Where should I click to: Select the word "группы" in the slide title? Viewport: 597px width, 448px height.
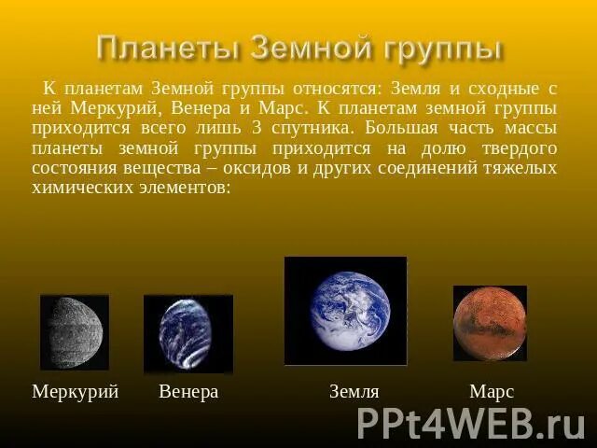coord(437,49)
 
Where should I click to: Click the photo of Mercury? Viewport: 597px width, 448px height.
coord(75,332)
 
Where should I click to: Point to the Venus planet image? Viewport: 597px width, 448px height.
coord(187,333)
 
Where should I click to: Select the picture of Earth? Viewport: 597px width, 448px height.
coord(345,311)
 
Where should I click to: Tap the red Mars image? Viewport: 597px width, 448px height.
coord(490,323)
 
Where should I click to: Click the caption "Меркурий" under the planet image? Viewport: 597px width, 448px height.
coord(76,392)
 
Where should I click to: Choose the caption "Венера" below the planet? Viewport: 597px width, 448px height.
coord(188,392)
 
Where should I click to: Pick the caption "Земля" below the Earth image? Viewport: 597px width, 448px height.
coord(354,392)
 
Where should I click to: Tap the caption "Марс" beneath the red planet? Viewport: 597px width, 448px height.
coord(492,392)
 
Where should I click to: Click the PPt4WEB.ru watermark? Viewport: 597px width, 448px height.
coord(471,423)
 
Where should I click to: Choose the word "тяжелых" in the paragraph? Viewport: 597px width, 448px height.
coord(521,168)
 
